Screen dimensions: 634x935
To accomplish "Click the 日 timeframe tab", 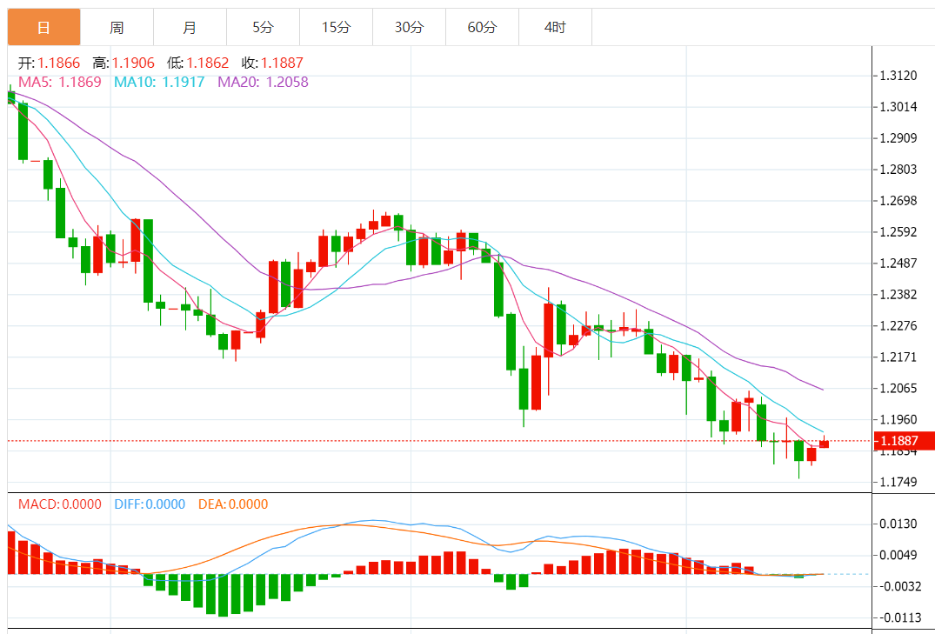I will (43, 28).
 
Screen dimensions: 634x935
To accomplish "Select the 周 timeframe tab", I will (117, 28).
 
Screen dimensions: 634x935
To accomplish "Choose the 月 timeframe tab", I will (190, 28).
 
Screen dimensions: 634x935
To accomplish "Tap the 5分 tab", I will (263, 28).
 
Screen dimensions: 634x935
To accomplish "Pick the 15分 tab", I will (336, 28).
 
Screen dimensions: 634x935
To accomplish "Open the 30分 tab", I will (409, 28).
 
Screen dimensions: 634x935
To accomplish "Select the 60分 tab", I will (482, 28).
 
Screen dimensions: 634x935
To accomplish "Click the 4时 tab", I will (555, 28).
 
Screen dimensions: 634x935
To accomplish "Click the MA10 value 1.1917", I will (184, 82).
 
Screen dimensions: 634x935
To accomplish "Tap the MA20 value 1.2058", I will (287, 82).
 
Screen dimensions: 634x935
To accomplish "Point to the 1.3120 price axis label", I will (898, 76).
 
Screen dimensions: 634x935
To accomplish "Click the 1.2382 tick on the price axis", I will (898, 294).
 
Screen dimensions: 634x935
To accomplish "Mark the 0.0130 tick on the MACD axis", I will (898, 524).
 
